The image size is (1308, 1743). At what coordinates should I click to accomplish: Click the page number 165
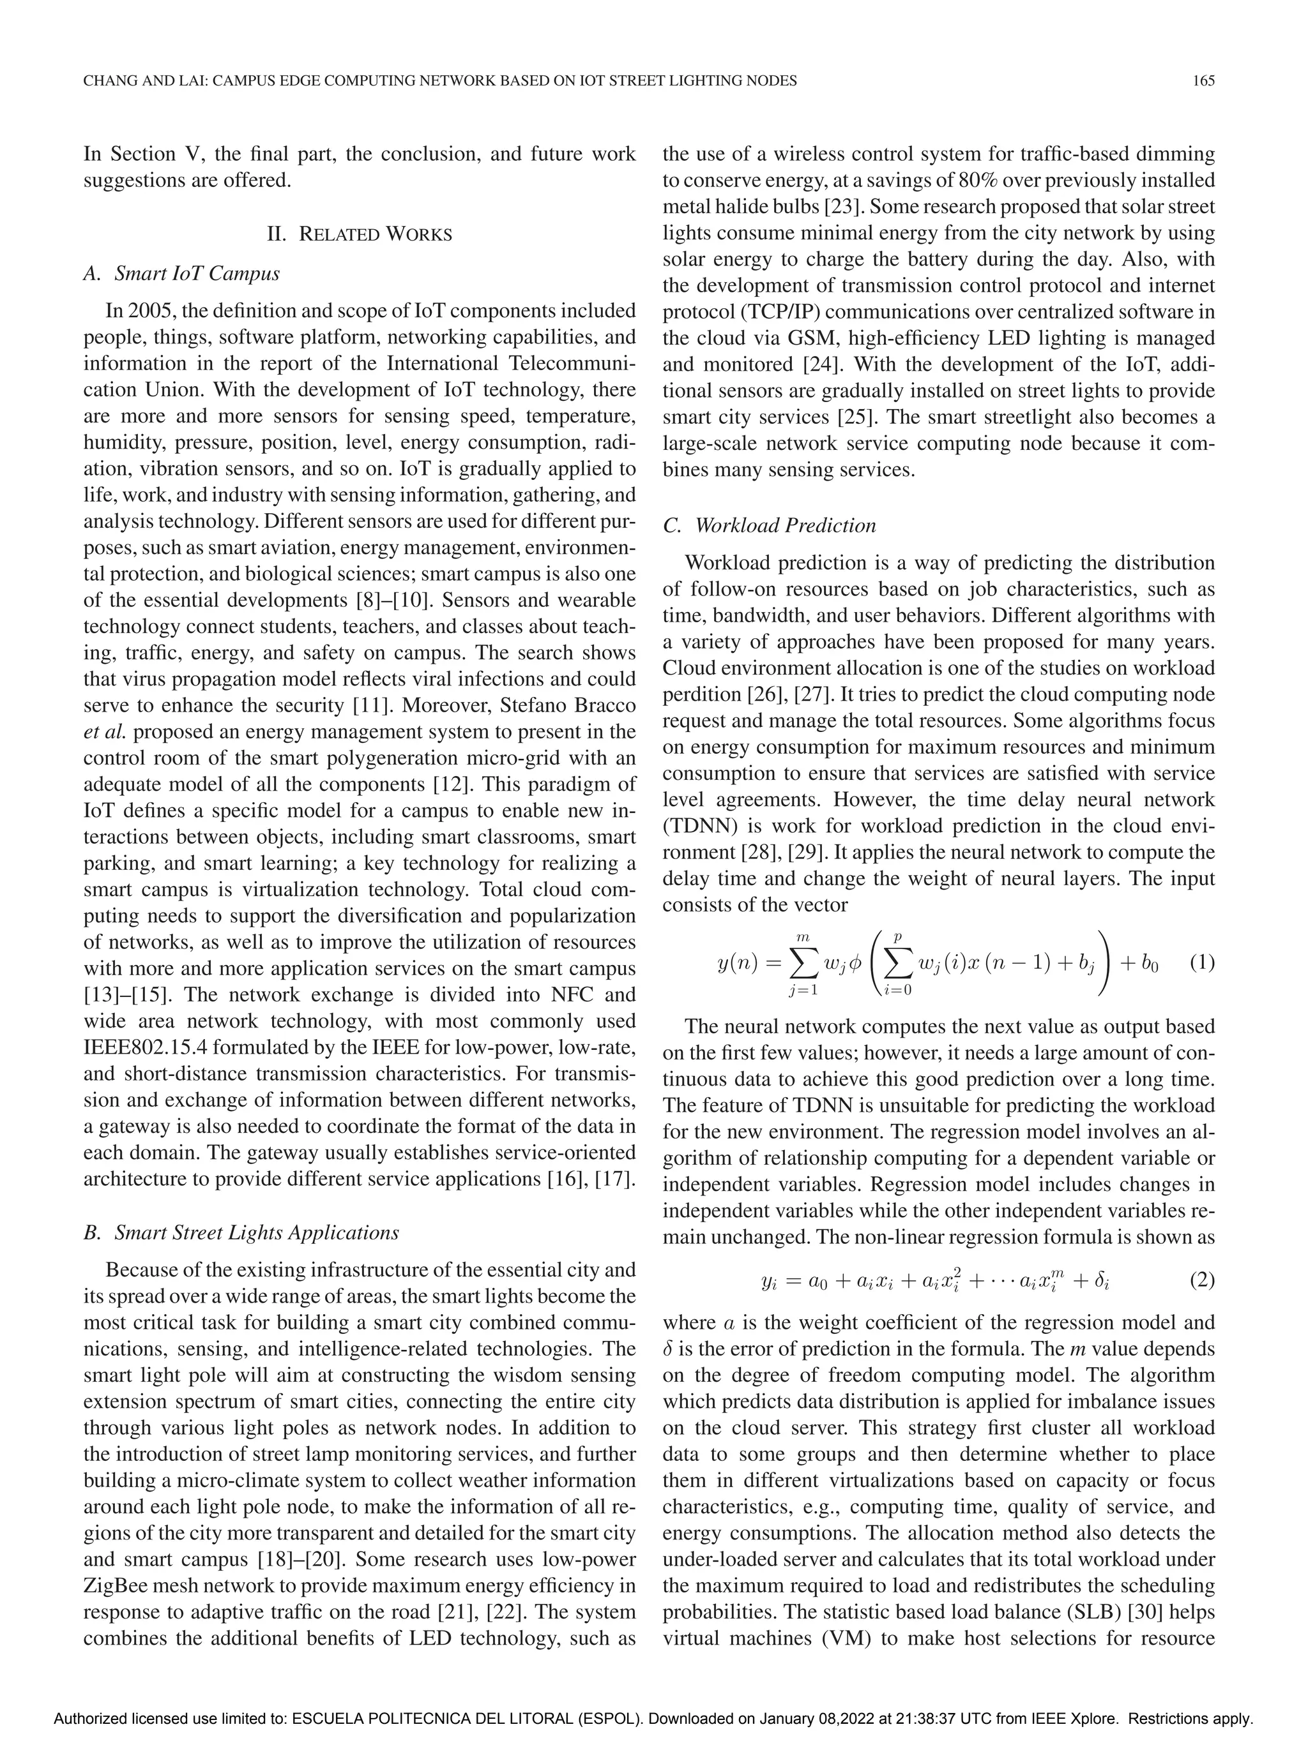tap(1203, 80)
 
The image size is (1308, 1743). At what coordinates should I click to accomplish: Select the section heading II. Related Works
tap(360, 234)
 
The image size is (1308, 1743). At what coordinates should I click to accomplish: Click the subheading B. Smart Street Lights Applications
tap(241, 1232)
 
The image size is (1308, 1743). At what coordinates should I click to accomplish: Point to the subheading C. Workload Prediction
tap(769, 525)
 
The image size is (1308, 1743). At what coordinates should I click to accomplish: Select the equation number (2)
tap(1201, 1280)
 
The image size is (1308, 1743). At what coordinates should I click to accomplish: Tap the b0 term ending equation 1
tap(1149, 963)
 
